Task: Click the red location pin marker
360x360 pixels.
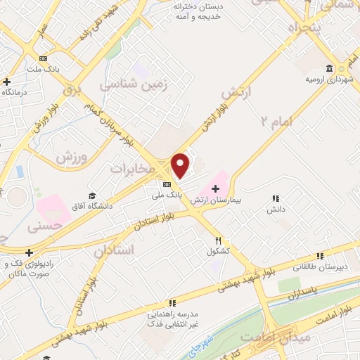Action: click(181, 166)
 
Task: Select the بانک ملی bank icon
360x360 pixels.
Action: click(166, 184)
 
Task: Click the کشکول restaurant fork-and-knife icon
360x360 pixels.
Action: click(219, 240)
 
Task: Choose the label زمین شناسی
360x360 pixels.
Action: click(127, 84)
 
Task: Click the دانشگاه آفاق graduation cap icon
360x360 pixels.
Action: click(91, 195)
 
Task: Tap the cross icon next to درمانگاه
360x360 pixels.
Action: click(6, 81)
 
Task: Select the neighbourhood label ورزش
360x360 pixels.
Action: click(70, 159)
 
